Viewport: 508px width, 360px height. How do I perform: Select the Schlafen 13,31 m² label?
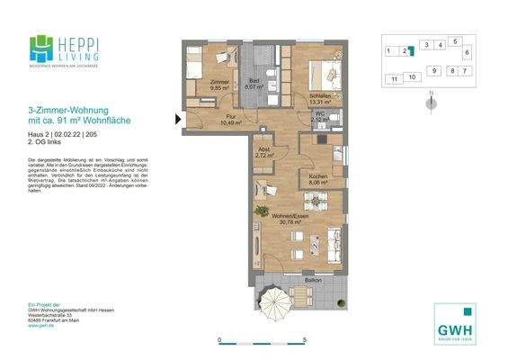[321, 98]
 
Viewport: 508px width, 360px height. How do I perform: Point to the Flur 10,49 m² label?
[231, 120]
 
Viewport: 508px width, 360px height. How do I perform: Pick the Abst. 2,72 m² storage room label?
[264, 152]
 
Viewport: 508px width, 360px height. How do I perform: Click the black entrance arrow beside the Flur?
[175, 117]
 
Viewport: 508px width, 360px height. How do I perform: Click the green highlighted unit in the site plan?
[408, 51]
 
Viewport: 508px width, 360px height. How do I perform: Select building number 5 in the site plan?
[455, 41]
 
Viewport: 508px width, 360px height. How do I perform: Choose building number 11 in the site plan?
[394, 79]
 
